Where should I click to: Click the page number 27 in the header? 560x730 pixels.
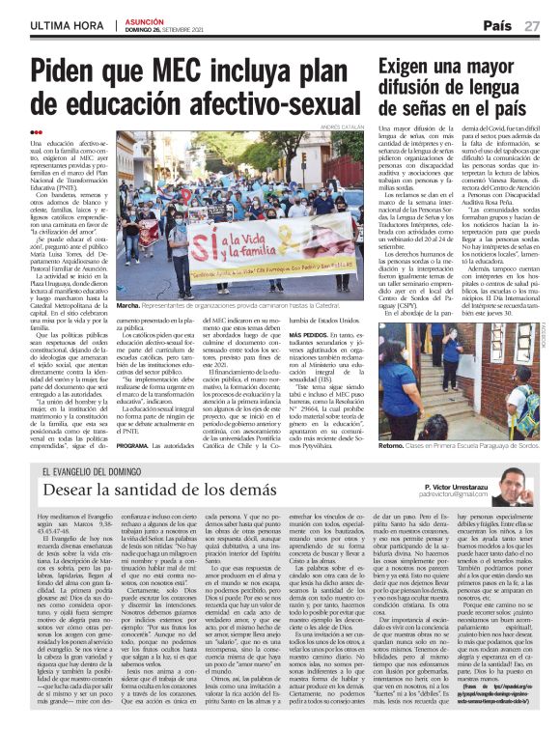[532, 25]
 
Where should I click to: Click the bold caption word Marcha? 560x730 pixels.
[128, 304]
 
